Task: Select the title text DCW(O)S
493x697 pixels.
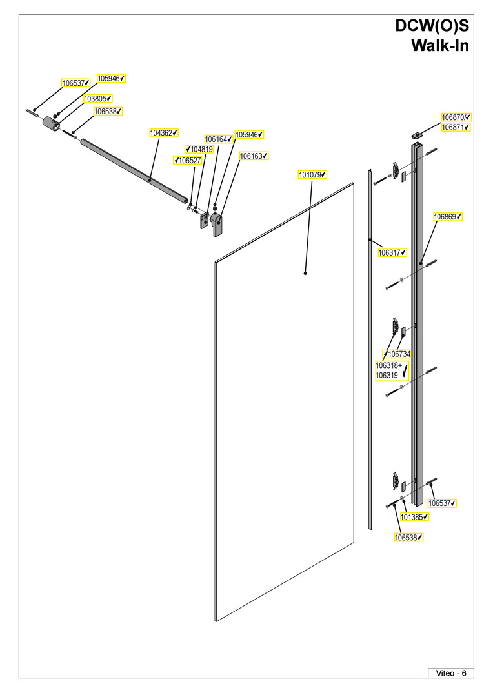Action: (x=432, y=26)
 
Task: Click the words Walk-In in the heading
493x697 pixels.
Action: (x=440, y=45)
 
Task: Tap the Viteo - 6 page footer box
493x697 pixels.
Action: (x=451, y=673)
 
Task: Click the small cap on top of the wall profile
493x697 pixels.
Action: (x=417, y=134)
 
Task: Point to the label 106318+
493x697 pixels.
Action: (x=389, y=366)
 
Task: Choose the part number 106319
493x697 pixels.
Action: (x=387, y=376)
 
